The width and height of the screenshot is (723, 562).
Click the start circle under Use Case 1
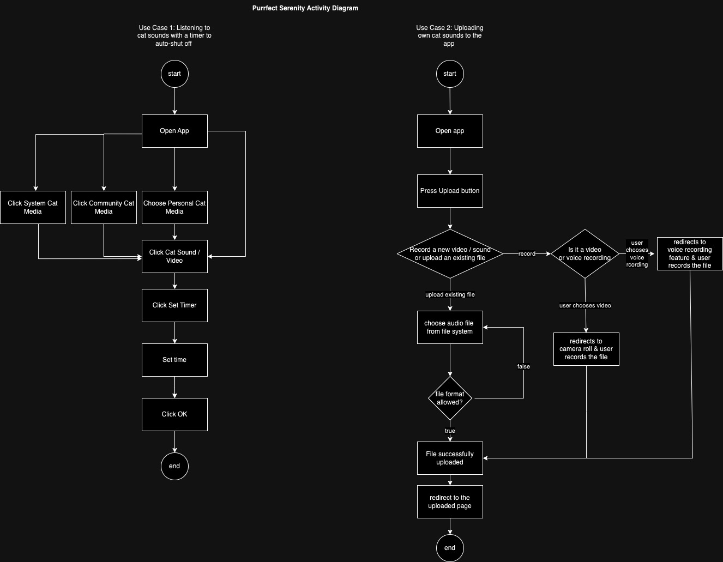[x=174, y=74]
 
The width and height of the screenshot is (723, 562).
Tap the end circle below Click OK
[x=174, y=466]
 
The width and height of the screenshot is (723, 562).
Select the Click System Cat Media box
[x=33, y=207]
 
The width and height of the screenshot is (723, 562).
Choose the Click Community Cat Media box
[x=104, y=207]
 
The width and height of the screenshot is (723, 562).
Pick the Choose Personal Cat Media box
[x=174, y=207]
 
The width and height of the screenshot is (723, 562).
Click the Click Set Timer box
[x=174, y=305]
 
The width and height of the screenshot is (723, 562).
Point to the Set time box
[x=174, y=360]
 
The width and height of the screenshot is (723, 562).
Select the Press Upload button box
[x=450, y=191]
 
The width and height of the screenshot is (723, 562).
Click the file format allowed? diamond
[x=450, y=398]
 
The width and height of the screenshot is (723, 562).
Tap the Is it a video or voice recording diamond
[x=585, y=253]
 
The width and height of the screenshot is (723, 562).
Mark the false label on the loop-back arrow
[x=523, y=366]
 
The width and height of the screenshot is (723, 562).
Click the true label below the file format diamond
[x=450, y=431]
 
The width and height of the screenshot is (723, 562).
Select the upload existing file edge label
[x=450, y=294]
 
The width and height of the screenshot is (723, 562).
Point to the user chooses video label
[x=585, y=305]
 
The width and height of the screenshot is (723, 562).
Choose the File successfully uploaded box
[x=450, y=458]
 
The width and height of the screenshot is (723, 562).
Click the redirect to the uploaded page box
[x=450, y=501]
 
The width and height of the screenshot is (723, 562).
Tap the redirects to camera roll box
[x=586, y=349]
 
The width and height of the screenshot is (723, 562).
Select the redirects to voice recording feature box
[x=690, y=253]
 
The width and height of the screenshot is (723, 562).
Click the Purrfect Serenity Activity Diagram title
[x=305, y=8]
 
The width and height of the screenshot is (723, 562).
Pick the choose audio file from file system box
[x=450, y=327]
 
